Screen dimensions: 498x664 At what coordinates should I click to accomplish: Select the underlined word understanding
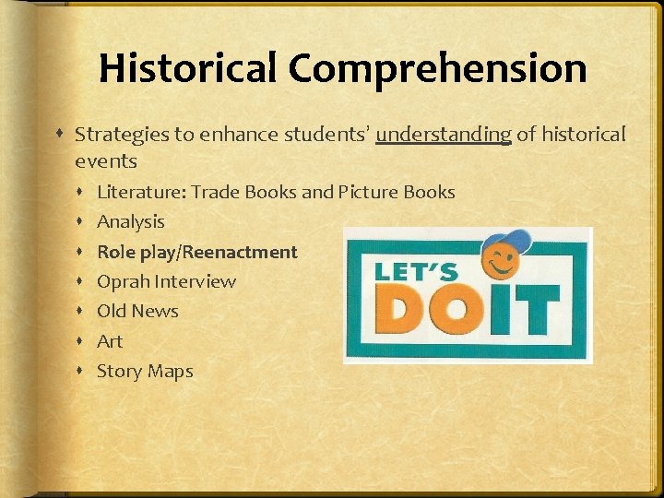(x=444, y=135)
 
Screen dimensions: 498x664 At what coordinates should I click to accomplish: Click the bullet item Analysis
(x=131, y=221)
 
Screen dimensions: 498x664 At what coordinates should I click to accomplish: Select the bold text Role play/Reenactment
(x=197, y=252)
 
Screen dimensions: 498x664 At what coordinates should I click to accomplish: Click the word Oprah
(x=124, y=281)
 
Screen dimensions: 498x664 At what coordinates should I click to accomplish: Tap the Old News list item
(x=137, y=311)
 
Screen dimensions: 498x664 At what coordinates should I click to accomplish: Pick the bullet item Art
(x=110, y=341)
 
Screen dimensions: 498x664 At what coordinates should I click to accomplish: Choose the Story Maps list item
(x=145, y=371)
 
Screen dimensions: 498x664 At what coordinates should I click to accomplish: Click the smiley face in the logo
(x=501, y=263)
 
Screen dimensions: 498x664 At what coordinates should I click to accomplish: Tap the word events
(x=106, y=161)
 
